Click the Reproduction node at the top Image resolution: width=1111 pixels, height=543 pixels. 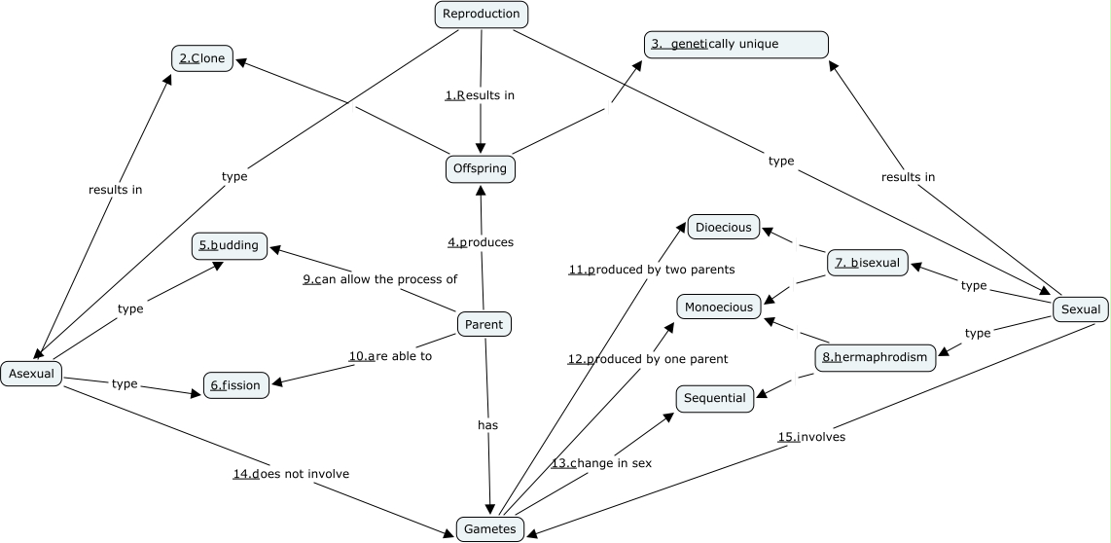tap(481, 14)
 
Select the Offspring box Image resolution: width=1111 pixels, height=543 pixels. tap(481, 168)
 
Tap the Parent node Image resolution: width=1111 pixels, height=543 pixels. tap(484, 325)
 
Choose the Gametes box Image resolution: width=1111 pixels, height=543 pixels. tap(490, 528)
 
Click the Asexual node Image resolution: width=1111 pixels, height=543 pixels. tap(31, 373)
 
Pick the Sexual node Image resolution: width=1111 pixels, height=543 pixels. tap(1080, 309)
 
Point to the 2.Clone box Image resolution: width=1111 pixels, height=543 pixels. tap(202, 58)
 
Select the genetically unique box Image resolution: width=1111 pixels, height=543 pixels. tap(735, 44)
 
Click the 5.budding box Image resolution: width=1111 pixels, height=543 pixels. tap(230, 245)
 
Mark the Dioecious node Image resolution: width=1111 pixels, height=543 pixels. tap(724, 228)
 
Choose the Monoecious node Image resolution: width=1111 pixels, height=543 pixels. tap(719, 307)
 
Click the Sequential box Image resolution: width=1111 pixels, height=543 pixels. tap(715, 398)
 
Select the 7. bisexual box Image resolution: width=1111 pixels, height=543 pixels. tap(868, 263)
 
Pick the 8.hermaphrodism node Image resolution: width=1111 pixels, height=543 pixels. tap(875, 357)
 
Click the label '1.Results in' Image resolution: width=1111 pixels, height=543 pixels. tap(480, 95)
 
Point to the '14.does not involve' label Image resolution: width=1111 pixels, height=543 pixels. tap(291, 474)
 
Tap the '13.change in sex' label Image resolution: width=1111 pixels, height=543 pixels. tap(601, 463)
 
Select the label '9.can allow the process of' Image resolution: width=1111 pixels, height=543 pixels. tap(379, 279)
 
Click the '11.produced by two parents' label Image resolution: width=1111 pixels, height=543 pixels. tap(652, 269)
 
